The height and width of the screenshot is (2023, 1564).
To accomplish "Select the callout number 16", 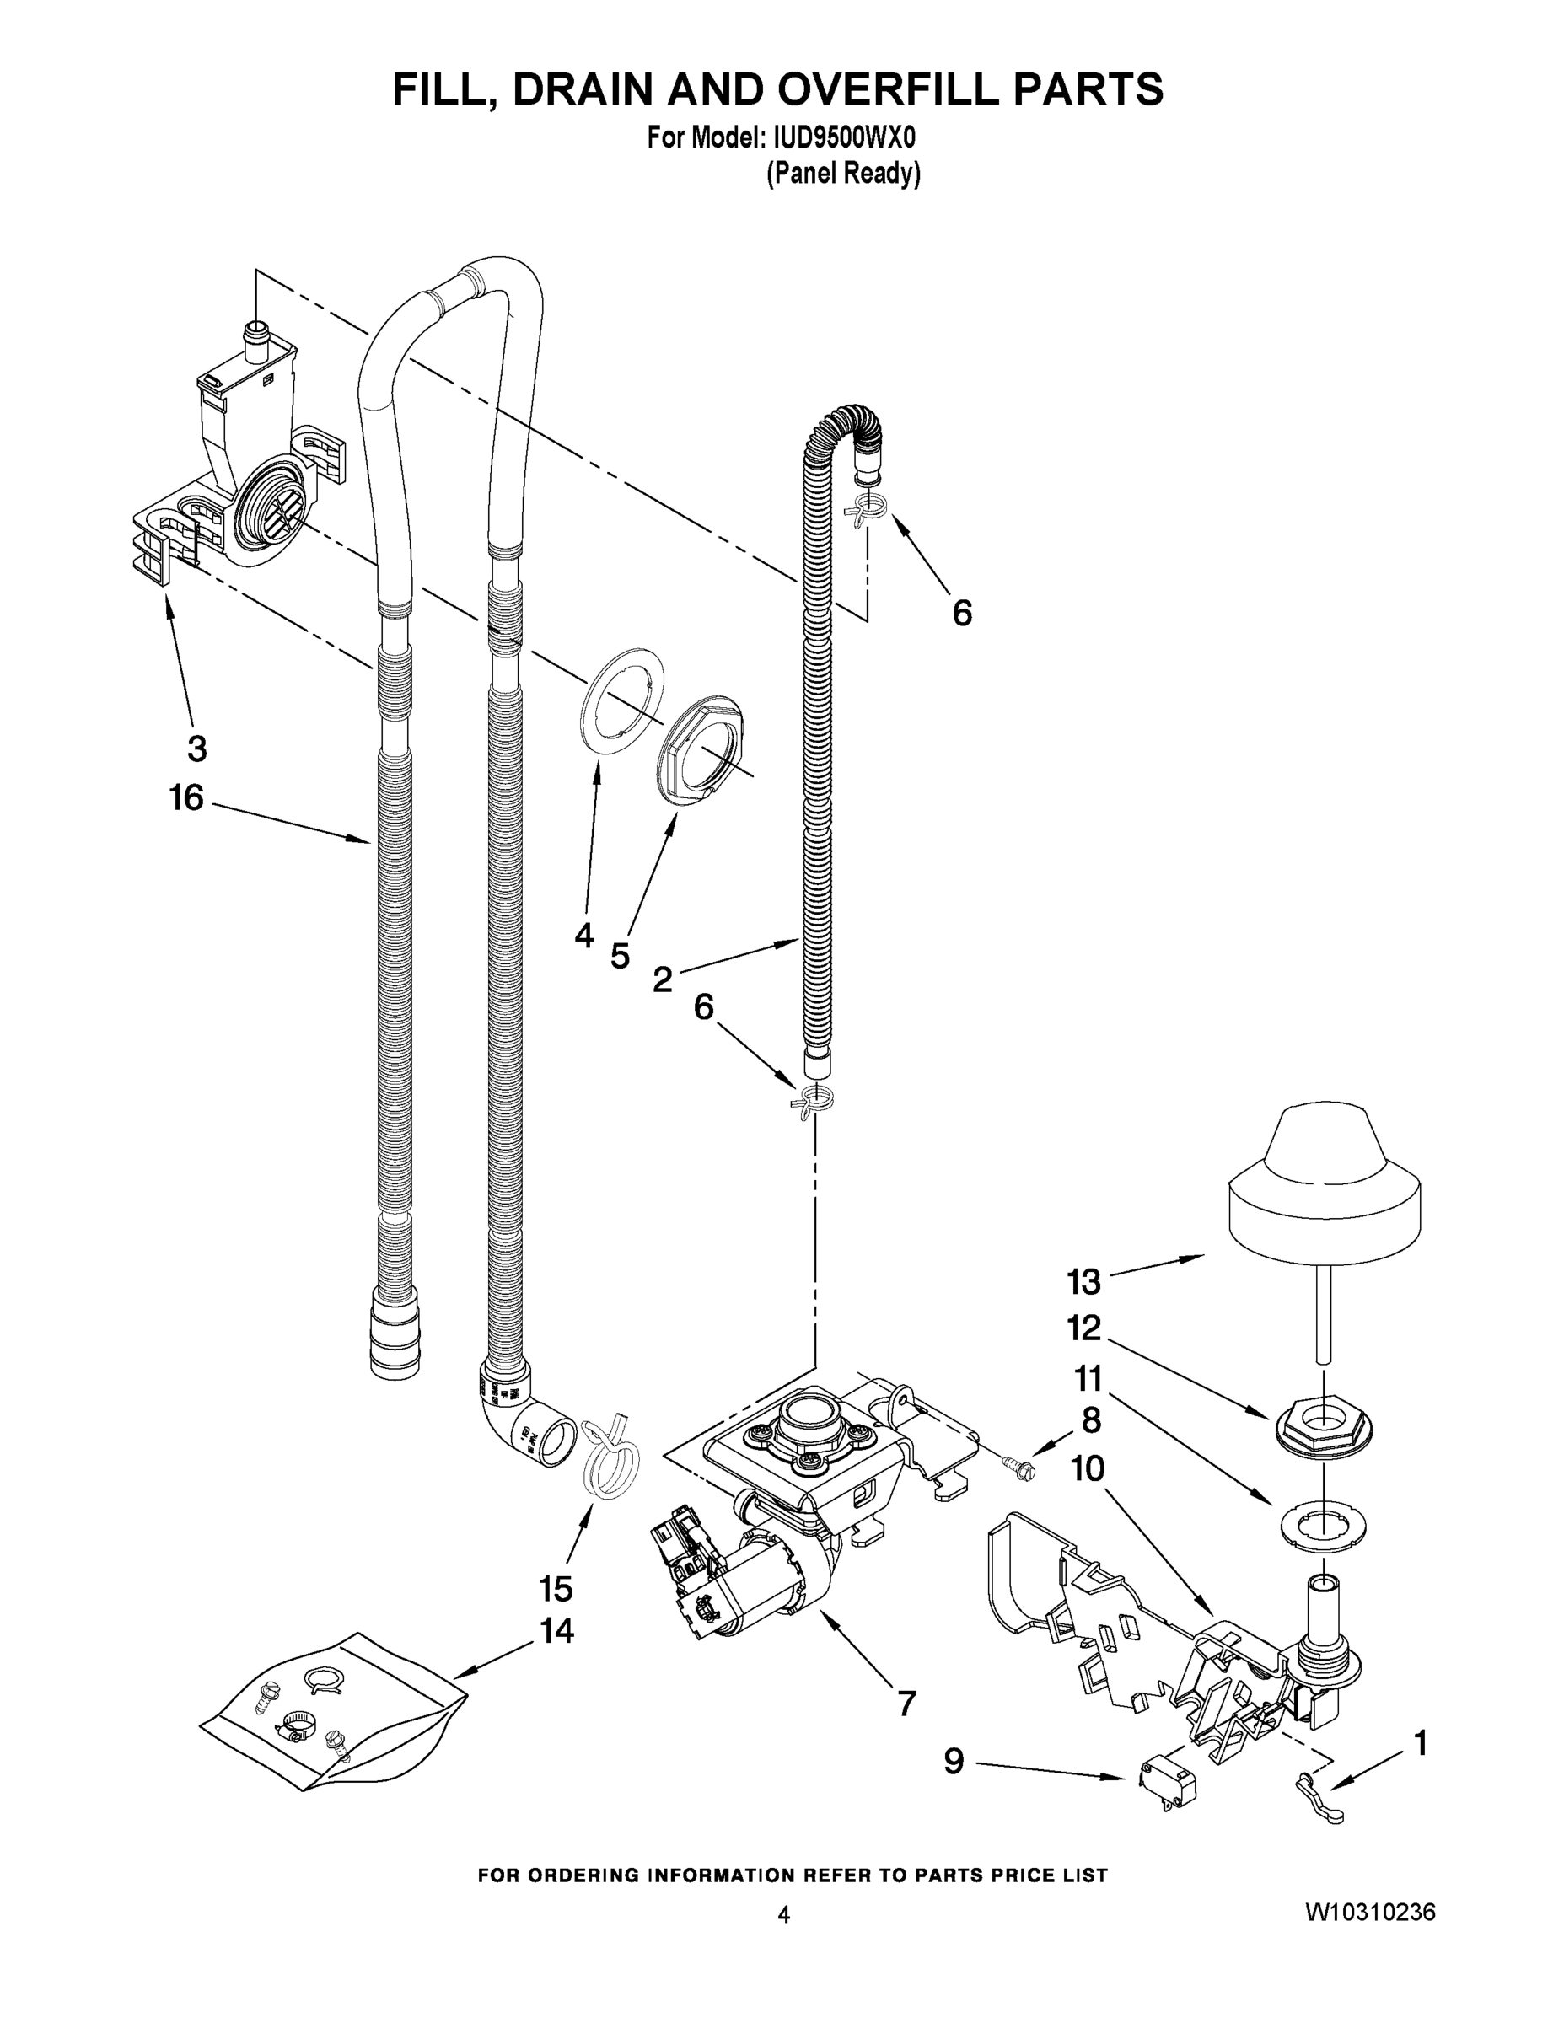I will point(186,797).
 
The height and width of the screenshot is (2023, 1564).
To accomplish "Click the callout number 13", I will point(1083,1282).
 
